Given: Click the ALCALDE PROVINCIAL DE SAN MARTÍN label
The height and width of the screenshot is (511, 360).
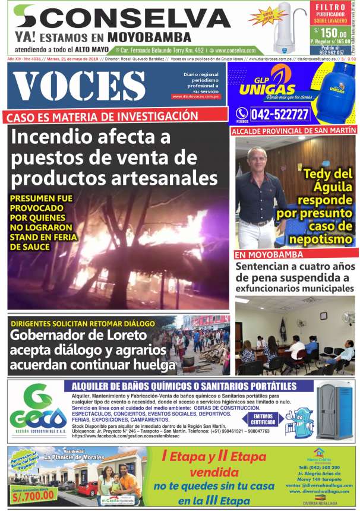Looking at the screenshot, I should point(293,130).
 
